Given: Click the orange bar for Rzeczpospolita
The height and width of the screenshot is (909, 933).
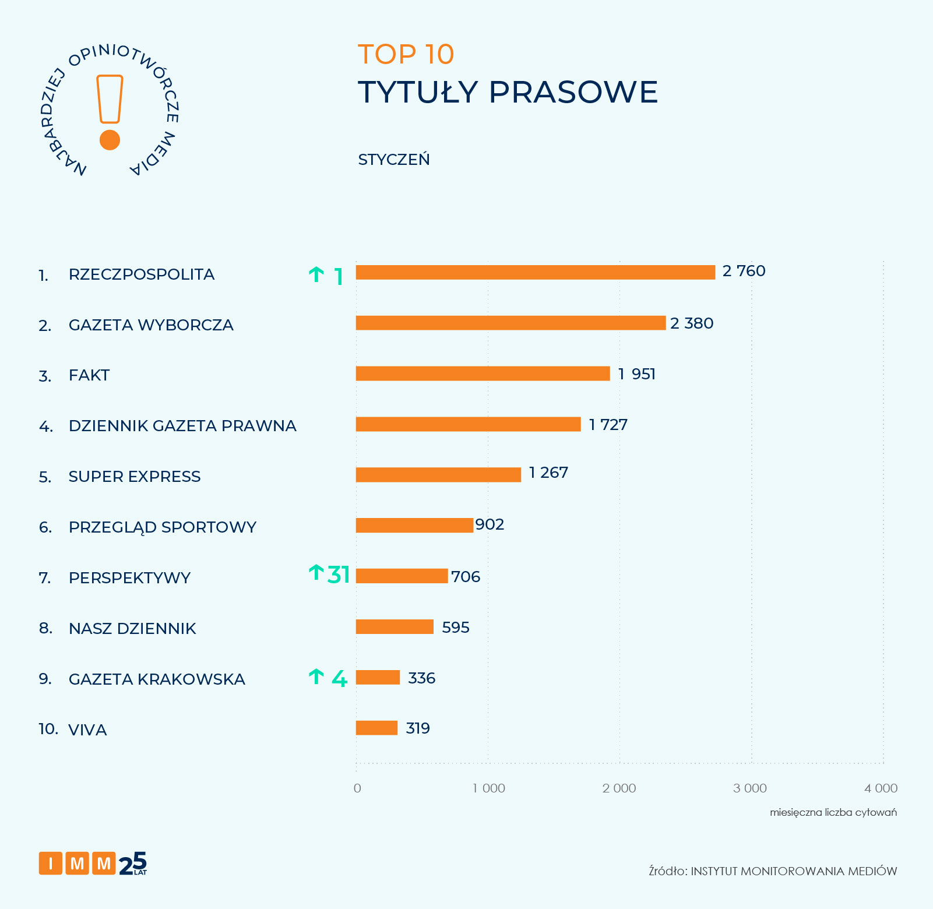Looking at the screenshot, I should pos(535,272).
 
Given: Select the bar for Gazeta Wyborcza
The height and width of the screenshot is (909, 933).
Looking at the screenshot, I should pos(510,323).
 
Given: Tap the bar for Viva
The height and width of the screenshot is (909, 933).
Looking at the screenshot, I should pos(376,728).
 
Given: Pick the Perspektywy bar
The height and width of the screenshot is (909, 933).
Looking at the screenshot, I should pos(402,576).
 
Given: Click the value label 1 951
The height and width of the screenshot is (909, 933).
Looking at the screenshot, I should pos(636,374).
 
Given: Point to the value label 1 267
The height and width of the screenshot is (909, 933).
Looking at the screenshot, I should pos(548,473).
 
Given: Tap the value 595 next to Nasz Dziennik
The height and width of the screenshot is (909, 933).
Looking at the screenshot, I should pos(455,628).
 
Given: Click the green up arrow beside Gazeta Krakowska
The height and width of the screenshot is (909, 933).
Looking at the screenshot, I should pos(316,677).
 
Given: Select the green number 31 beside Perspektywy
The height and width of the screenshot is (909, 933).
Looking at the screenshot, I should pos(339,575).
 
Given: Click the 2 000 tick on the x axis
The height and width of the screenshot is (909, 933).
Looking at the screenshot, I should pos(619,788).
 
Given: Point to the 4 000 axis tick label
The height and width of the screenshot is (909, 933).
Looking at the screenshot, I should pos(881,788).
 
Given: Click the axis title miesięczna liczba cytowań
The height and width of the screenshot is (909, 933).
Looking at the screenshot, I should pos(833,812).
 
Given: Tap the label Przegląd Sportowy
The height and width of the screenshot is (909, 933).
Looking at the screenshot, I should pos(162,527).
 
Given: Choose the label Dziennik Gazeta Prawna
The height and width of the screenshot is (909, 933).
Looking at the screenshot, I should pos(182,426).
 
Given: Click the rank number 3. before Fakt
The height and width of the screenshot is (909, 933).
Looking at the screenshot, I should pos(45,376).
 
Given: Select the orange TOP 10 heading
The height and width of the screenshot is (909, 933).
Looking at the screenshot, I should pos(406,54).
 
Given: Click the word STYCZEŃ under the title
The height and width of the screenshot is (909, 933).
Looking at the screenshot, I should pos(394,160).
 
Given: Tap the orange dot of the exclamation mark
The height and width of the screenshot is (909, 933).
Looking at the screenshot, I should pos(110,140).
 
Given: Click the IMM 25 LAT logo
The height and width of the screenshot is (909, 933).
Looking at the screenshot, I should pos(93,864).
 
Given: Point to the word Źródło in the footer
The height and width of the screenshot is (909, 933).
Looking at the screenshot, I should pos(668,871).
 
